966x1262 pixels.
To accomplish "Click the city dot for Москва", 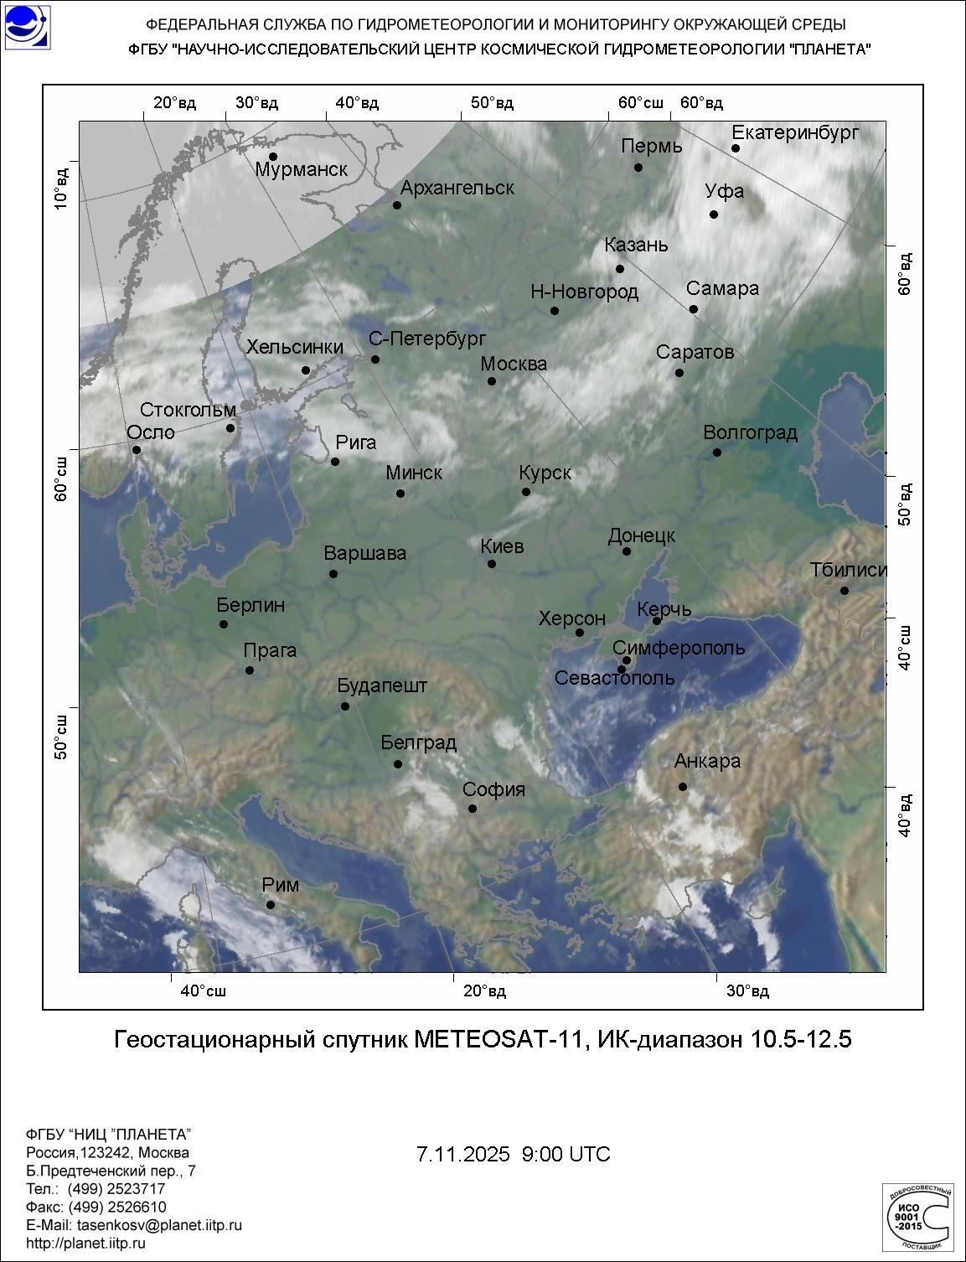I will (x=492, y=381).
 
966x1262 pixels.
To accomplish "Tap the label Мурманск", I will (x=301, y=170).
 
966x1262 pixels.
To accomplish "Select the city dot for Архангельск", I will (x=397, y=205).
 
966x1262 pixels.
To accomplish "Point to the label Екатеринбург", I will (x=795, y=132).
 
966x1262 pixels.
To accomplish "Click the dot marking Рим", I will (x=271, y=904).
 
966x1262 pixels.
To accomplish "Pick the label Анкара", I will (x=707, y=761).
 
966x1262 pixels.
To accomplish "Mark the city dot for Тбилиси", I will (x=845, y=591).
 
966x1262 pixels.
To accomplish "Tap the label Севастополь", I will (x=614, y=678).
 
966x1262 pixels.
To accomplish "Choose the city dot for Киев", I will (x=492, y=564).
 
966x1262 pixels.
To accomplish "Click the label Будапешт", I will (x=382, y=685).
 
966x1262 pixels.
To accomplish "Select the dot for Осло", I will (x=137, y=450).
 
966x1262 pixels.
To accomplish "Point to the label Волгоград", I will (x=750, y=433).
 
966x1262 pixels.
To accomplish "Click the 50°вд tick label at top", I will (x=492, y=103).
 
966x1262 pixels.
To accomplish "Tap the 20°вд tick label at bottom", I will (x=485, y=991).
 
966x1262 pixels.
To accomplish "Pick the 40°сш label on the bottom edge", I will (x=204, y=991).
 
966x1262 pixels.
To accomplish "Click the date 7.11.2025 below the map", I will (x=462, y=1154).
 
